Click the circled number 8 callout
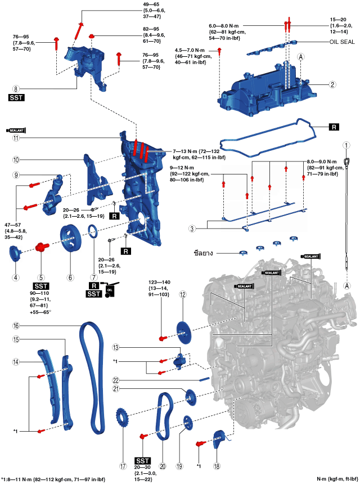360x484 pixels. pos(16,89)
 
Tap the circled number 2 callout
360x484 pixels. pos(332,84)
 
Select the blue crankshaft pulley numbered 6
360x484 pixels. pos(70,238)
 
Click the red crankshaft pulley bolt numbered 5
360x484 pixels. pos(42,247)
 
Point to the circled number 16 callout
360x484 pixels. pos(16,325)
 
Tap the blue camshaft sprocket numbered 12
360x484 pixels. pos(184,333)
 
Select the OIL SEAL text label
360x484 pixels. pos(342,42)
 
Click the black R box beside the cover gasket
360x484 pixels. pos(334,127)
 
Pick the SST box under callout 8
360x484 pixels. pos(16,97)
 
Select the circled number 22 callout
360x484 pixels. pos(116,380)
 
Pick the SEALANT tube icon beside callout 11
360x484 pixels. pos(16,131)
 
